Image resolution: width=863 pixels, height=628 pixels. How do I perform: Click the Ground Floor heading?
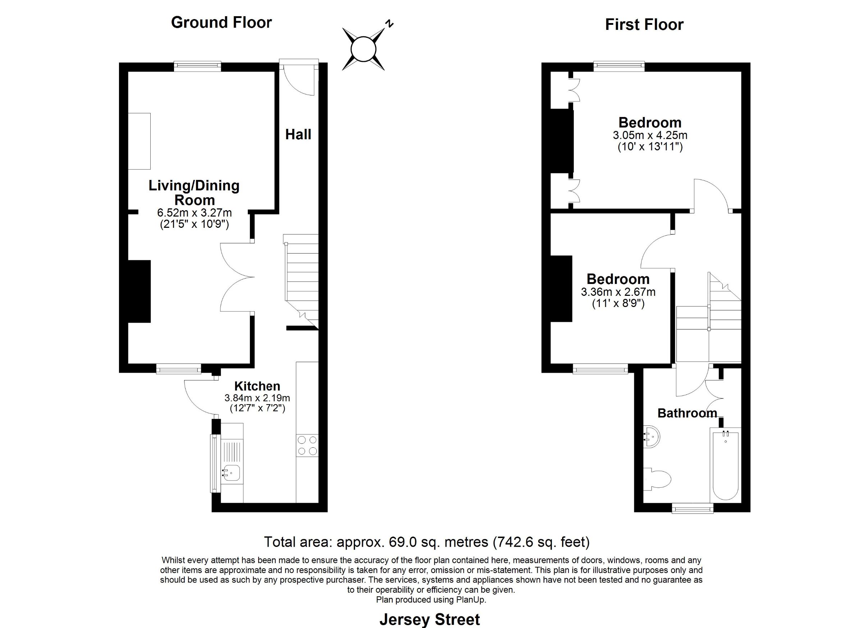[x=222, y=22]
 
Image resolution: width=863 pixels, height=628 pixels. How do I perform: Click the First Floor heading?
[x=644, y=25]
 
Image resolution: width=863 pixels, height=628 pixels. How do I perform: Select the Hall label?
[x=298, y=135]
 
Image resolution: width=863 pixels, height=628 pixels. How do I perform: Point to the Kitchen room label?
[x=257, y=386]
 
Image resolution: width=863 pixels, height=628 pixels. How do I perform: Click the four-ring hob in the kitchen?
[x=307, y=446]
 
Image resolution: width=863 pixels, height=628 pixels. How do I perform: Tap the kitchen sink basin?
[x=231, y=473]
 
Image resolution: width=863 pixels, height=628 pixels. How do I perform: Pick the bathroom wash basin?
[x=652, y=436]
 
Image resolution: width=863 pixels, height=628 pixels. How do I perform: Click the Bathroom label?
[x=687, y=413]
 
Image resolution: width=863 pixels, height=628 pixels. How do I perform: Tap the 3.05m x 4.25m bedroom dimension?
[x=650, y=135]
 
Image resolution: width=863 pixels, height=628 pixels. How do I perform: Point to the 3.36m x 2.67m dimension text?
[x=618, y=292]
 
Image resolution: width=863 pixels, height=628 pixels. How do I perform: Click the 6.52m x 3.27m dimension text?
[x=195, y=212]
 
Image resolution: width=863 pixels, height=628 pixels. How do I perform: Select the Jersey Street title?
[x=430, y=620]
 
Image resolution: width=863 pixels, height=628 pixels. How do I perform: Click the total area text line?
[x=427, y=542]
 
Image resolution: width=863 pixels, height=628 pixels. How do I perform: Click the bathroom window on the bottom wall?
[x=692, y=509]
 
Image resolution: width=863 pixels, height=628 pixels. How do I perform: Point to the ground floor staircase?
[x=301, y=282]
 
